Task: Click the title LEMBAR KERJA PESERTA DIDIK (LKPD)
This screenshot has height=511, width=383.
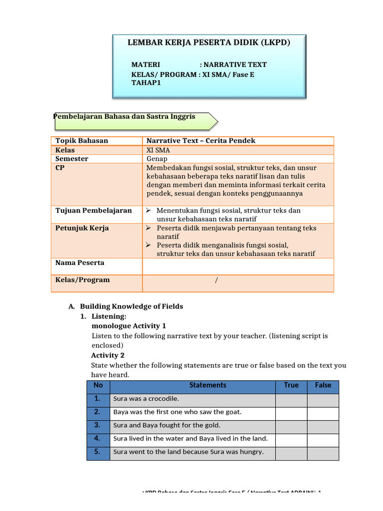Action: (x=208, y=42)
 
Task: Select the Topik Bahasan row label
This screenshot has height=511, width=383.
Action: (x=82, y=141)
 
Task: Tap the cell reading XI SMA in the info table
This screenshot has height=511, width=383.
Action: (x=158, y=150)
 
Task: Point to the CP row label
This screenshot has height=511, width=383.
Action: (x=60, y=168)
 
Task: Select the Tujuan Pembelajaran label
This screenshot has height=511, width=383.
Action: (x=94, y=211)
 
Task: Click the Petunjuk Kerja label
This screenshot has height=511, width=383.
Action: (x=82, y=228)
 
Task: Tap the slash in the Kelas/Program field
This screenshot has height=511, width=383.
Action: (x=216, y=280)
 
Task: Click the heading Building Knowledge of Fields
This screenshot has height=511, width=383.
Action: (x=132, y=306)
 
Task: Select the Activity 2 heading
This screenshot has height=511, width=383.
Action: (x=108, y=355)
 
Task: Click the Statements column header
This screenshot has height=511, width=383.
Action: (x=207, y=385)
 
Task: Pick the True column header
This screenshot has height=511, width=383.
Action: (x=291, y=385)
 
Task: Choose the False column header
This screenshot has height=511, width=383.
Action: (x=323, y=385)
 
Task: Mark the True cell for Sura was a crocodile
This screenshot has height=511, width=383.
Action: (x=291, y=399)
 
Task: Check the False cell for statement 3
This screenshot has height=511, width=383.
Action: (x=323, y=426)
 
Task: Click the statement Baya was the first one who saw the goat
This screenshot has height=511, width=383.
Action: (x=178, y=412)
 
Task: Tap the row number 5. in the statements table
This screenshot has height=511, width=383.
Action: (x=98, y=452)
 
